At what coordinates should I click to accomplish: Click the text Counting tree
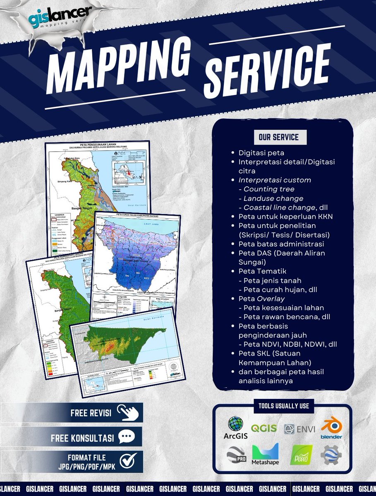[x=269, y=189]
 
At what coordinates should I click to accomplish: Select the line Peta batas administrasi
[x=281, y=244]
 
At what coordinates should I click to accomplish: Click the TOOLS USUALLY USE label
[x=284, y=406]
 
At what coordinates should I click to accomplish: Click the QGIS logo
[x=264, y=428]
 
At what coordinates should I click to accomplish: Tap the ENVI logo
[x=297, y=429]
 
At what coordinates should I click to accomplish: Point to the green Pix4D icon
[x=302, y=455]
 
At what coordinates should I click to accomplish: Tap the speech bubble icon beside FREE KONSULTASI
[x=127, y=437]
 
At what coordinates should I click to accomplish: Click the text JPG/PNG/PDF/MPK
[x=87, y=466]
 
